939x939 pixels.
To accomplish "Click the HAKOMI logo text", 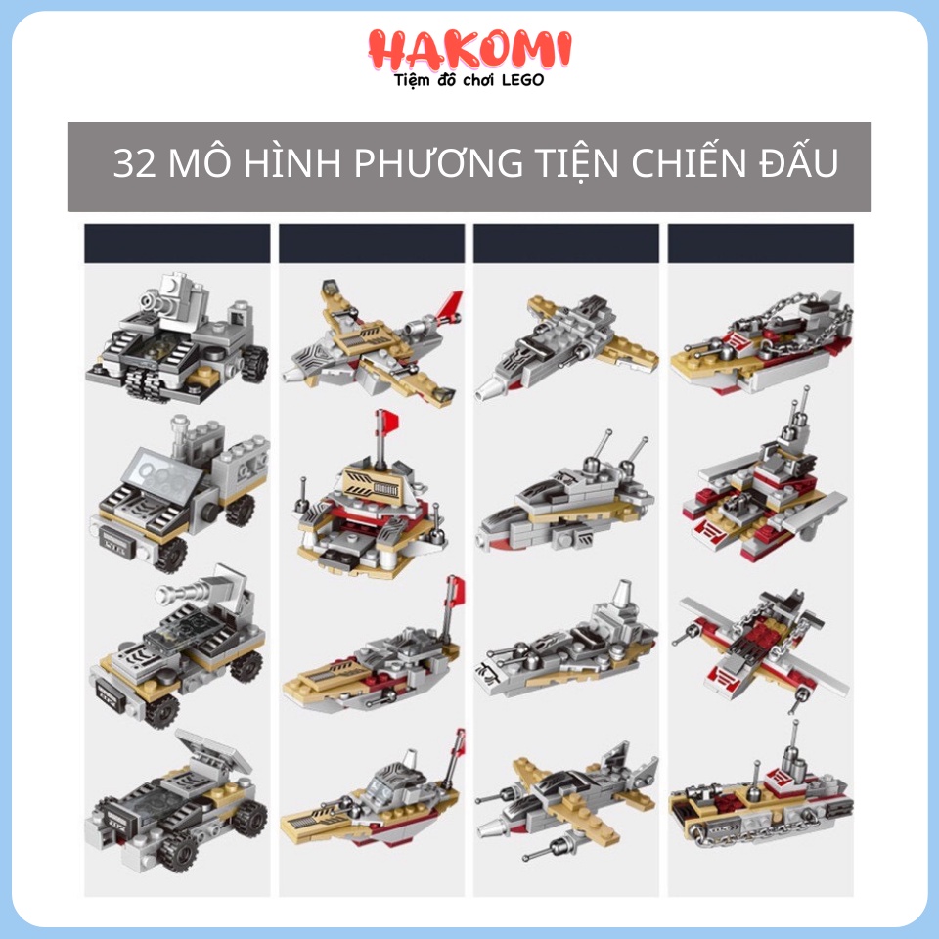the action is (469, 50).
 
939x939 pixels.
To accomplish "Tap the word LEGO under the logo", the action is (522, 80).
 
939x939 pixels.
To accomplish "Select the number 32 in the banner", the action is (135, 163).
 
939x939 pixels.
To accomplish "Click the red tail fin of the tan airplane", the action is (450, 305).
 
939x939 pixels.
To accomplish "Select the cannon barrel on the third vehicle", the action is (183, 593).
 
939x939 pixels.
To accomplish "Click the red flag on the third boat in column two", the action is (457, 590).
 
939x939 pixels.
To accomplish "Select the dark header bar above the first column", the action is (177, 244).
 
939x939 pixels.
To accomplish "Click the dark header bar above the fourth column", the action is (761, 244).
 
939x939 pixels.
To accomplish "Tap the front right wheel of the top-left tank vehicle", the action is (254, 363).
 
